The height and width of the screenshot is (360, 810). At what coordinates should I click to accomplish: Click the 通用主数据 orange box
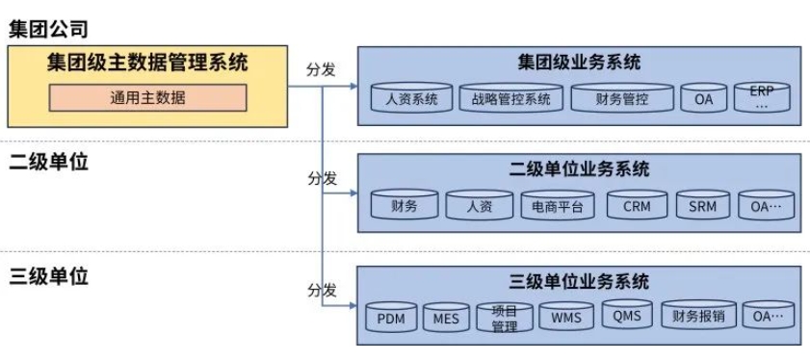(148, 97)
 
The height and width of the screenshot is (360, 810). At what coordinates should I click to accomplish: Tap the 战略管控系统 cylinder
(510, 97)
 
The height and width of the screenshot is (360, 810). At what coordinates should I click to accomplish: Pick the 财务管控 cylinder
(621, 97)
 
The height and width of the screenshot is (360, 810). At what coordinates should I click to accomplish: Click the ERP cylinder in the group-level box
(761, 96)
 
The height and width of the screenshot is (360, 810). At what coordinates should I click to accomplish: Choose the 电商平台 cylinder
(557, 205)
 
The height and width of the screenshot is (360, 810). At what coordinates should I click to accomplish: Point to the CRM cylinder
(637, 205)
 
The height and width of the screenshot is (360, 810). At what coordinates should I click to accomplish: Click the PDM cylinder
(390, 316)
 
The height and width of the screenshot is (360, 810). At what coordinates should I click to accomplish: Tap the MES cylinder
(446, 316)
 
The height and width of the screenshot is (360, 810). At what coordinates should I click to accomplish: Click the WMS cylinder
(565, 316)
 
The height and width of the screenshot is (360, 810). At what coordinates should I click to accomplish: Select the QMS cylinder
(627, 314)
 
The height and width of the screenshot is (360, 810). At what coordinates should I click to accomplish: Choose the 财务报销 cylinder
(698, 316)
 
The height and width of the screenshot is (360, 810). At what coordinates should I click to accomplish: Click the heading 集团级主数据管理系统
(147, 64)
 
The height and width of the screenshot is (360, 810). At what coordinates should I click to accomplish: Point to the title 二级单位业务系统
(579, 170)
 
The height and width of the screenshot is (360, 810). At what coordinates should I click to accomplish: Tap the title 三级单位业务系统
(579, 282)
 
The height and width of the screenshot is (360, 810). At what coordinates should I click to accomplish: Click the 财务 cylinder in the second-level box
(405, 205)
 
